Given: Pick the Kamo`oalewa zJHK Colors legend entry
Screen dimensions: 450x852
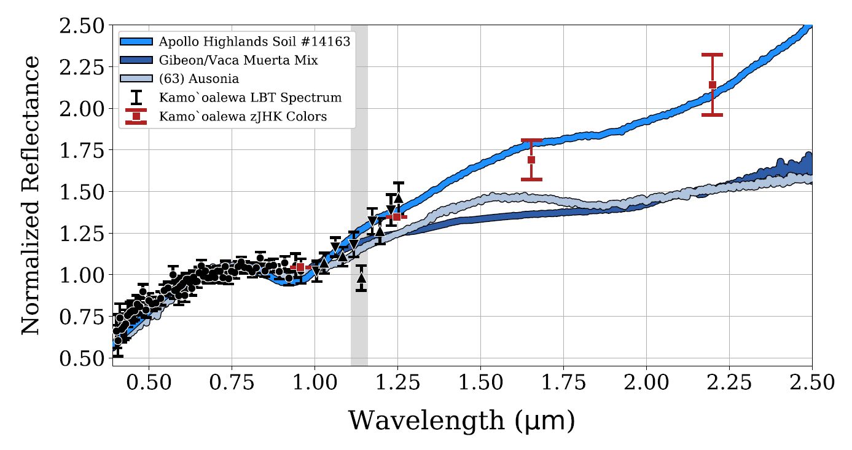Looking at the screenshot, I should tap(243, 116).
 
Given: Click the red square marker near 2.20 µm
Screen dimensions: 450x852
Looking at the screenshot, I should tap(713, 85).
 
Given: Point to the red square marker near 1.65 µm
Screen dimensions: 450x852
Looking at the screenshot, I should tap(531, 160).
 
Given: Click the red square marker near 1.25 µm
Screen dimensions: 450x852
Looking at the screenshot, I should tap(397, 216).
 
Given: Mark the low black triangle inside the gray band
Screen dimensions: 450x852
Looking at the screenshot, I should tap(361, 277).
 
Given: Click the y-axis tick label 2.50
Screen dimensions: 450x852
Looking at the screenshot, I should tap(82, 26).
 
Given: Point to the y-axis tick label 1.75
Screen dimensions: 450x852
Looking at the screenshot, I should tap(82, 151).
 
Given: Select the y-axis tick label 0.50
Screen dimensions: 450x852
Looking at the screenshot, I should tap(82, 358).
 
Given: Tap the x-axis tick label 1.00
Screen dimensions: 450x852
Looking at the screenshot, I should tap(315, 382).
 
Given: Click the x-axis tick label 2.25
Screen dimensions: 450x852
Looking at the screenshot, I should tap(729, 382).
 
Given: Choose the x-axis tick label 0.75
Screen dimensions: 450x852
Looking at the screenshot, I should tap(232, 382).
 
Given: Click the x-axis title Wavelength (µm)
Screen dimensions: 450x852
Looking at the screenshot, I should tap(462, 421).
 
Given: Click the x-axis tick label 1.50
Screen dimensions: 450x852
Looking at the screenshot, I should tap(480, 382).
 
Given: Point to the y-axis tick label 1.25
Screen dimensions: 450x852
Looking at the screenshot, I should tap(82, 234).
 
